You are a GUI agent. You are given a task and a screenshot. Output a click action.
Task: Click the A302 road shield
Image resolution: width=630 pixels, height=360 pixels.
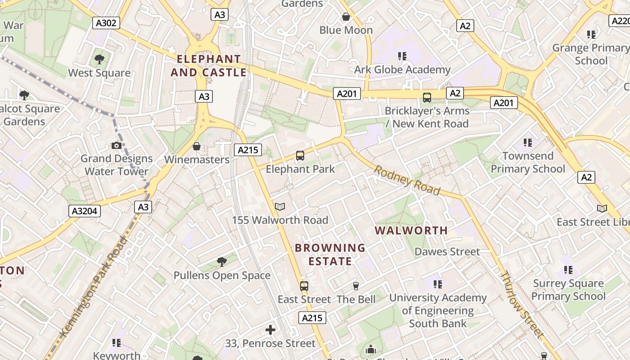tap(106, 23)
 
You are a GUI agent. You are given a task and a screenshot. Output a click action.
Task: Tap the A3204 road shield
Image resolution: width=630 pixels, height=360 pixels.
tap(85, 211)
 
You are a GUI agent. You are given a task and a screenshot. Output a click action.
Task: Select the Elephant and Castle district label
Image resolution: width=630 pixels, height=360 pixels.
tap(208, 66)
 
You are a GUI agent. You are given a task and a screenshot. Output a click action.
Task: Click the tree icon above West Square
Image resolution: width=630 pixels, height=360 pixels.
tap(99, 59)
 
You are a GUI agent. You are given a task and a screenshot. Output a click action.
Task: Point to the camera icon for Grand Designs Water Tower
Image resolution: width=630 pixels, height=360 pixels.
tap(117, 145)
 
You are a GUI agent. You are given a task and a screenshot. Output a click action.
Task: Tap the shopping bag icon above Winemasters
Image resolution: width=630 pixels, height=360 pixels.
tap(196, 146)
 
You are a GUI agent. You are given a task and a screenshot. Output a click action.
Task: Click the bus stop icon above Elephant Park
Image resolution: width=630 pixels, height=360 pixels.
tap(300, 156)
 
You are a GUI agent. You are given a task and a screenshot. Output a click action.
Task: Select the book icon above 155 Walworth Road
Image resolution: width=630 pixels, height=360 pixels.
tap(280, 207)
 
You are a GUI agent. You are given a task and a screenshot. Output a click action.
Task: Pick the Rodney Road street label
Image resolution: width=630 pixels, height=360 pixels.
tap(407, 180)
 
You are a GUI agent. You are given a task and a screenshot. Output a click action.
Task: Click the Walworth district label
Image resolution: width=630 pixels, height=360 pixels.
tap(411, 230)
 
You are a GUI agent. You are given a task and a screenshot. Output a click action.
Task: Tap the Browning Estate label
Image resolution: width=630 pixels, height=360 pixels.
tap(330, 254)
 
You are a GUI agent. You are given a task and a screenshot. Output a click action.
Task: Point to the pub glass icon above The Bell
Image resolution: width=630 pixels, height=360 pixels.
tap(356, 286)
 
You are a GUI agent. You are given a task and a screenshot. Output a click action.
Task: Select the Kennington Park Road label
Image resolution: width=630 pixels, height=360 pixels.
tap(94, 286)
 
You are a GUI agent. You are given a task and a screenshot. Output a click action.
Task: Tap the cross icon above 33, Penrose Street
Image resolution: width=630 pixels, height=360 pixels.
tap(270, 330)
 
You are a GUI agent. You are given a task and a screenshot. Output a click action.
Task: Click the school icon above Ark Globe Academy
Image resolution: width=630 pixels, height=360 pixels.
tap(402, 56)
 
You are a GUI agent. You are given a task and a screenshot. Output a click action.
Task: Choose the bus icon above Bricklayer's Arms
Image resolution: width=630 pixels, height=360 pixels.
tap(427, 97)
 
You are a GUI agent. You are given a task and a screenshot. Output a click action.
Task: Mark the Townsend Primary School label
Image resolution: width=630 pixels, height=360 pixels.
tap(527, 162)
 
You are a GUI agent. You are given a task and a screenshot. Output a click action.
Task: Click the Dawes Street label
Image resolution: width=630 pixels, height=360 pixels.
tap(447, 252)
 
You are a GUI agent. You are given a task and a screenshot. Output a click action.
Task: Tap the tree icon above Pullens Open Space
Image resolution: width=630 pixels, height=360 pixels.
tap(222, 261)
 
